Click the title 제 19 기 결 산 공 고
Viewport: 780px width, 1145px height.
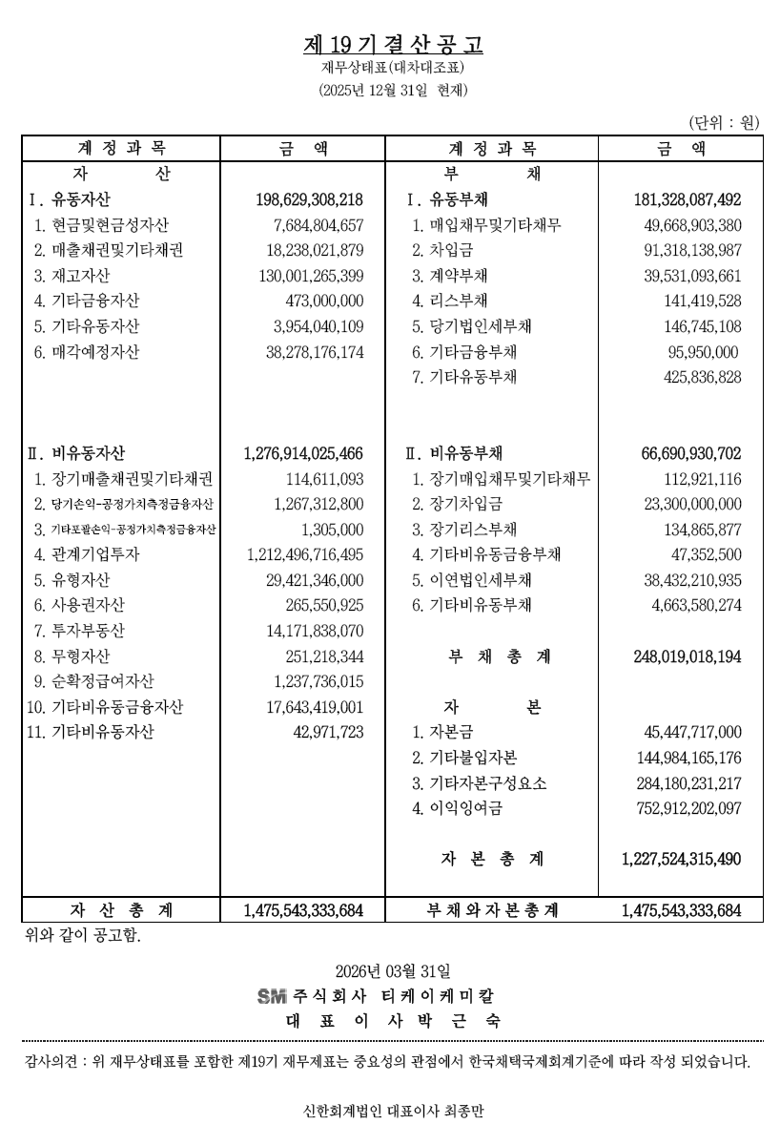pyautogui.click(x=393, y=44)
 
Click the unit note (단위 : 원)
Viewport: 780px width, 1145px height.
pyautogui.click(x=723, y=122)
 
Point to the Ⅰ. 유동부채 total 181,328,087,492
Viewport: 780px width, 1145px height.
pyautogui.click(x=687, y=200)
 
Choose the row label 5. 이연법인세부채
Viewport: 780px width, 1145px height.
pyautogui.click(x=472, y=579)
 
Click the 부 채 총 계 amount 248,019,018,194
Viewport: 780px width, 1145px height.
pyautogui.click(x=687, y=656)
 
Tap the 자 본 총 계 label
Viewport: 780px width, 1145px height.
pyautogui.click(x=492, y=859)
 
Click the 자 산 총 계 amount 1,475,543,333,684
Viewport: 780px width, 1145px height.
pyautogui.click(x=303, y=910)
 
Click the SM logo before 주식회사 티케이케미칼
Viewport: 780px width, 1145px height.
pyautogui.click(x=272, y=996)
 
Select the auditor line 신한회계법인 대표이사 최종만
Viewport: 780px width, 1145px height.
pyautogui.click(x=393, y=1111)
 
